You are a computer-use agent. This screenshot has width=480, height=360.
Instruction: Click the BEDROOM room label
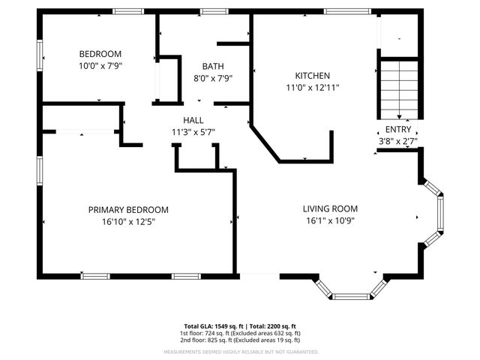100,54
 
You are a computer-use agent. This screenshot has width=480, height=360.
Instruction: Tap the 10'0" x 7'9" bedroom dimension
100,65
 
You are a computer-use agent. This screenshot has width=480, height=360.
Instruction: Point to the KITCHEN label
312,76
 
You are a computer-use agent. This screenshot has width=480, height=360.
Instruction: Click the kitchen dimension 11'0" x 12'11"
312,87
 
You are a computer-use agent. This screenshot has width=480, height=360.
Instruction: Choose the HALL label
193,120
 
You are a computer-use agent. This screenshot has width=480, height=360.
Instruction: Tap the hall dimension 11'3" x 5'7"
193,131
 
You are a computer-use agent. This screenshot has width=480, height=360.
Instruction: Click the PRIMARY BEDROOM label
128,210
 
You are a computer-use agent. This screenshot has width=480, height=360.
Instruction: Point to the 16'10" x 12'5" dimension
128,221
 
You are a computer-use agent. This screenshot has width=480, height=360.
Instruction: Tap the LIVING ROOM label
330,208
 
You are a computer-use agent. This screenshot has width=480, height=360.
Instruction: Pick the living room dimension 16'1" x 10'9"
330,220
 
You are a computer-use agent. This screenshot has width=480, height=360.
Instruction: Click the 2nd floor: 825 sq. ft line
239,340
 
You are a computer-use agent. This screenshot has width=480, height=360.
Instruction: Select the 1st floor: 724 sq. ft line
239,333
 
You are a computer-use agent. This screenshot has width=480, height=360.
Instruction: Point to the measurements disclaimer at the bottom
239,351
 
